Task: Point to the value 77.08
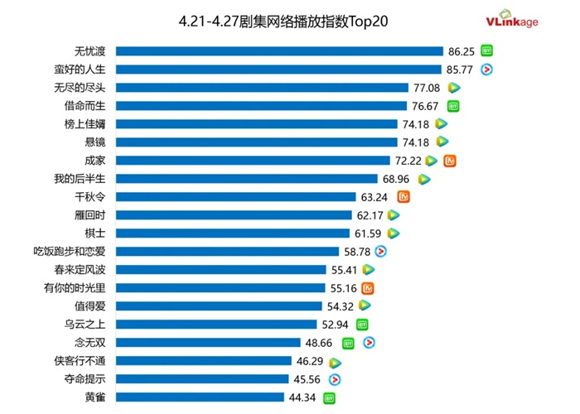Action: (x=427, y=88)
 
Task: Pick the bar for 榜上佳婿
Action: (x=256, y=124)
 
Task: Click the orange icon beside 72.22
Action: (x=451, y=161)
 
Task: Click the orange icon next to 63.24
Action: (x=404, y=197)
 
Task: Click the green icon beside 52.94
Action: (x=362, y=325)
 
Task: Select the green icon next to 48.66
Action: (x=348, y=343)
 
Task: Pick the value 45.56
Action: (x=309, y=379)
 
